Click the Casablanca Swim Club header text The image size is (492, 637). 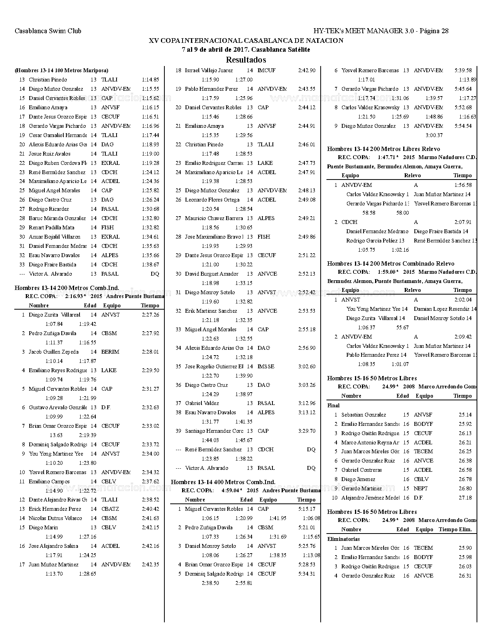click(x=48, y=31)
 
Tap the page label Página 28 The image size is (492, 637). click(x=434, y=31)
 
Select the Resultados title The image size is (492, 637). click(x=246, y=60)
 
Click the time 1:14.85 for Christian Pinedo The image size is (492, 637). click(x=150, y=80)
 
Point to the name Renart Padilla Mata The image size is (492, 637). click(x=52, y=227)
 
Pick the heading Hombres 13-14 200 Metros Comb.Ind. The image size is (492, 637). click(x=67, y=288)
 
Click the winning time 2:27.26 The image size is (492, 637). click(x=150, y=315)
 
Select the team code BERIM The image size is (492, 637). click(x=110, y=352)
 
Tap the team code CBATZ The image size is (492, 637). click(x=110, y=509)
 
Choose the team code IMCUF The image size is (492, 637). click(x=266, y=70)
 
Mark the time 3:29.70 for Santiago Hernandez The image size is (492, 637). click(x=306, y=431)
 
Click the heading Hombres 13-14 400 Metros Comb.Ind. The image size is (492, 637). click(x=223, y=482)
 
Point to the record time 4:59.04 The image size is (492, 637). click(x=232, y=490)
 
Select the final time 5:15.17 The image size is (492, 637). click(x=306, y=509)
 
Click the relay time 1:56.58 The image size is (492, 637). click(x=463, y=185)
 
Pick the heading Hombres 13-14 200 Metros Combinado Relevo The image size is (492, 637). click(x=391, y=263)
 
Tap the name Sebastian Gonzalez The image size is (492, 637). click(x=364, y=415)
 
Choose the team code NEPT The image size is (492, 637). click(x=421, y=488)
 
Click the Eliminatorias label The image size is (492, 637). click(x=343, y=539)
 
